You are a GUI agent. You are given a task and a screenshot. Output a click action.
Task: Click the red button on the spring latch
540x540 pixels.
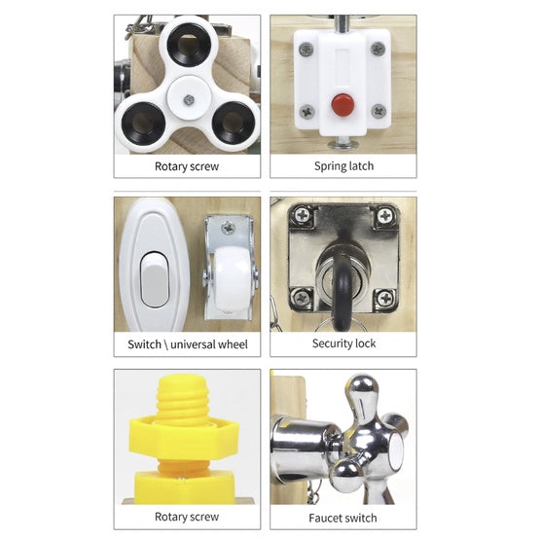342,105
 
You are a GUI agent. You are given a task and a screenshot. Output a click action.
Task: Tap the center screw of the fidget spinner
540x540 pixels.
189,100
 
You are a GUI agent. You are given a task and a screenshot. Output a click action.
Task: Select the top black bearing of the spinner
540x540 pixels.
189,45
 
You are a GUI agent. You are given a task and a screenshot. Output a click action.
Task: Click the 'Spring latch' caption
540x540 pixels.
343,166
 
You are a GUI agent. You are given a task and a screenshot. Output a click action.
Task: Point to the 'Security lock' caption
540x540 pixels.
343,343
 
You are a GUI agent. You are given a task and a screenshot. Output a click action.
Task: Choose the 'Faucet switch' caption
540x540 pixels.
342,518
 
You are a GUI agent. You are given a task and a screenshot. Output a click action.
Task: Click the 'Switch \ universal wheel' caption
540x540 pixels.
188,344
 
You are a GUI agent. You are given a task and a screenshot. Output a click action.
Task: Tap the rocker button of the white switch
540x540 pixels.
155,279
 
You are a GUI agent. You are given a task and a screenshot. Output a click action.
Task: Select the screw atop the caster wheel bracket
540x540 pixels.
228,228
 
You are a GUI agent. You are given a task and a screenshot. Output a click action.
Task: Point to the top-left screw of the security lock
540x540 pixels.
302,216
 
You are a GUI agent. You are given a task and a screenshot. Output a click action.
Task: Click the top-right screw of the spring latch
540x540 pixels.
378,49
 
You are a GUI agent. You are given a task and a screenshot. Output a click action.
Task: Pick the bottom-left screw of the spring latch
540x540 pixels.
306,112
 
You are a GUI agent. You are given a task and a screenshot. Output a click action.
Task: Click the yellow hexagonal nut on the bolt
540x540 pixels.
184,436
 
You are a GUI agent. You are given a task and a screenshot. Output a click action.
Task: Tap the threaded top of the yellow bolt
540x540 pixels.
182,396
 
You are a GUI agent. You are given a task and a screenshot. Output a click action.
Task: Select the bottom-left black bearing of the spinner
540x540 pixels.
143,124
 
